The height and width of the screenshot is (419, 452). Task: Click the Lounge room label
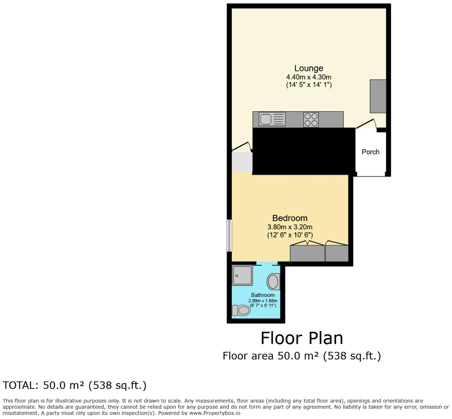[308, 68]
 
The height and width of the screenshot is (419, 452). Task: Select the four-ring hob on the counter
[311, 120]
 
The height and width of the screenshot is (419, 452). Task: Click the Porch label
[370, 152]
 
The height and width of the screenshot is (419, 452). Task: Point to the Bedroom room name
[290, 218]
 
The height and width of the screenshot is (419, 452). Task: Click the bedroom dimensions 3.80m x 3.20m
[290, 227]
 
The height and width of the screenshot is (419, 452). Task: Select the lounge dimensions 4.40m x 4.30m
[308, 77]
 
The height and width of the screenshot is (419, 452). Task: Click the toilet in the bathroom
[241, 310]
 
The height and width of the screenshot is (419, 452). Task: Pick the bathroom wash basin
[273, 282]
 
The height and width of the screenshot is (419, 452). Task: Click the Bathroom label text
[263, 295]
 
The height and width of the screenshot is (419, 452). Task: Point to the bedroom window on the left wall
[229, 235]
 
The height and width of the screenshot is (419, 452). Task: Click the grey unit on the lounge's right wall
[377, 96]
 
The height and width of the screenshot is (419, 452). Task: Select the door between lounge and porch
[367, 124]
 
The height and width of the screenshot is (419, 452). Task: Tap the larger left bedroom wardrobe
[307, 253]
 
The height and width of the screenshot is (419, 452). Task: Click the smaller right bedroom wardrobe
[337, 253]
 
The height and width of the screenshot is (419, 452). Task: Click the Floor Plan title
[301, 338]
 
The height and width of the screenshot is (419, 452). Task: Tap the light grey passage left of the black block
[242, 162]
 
